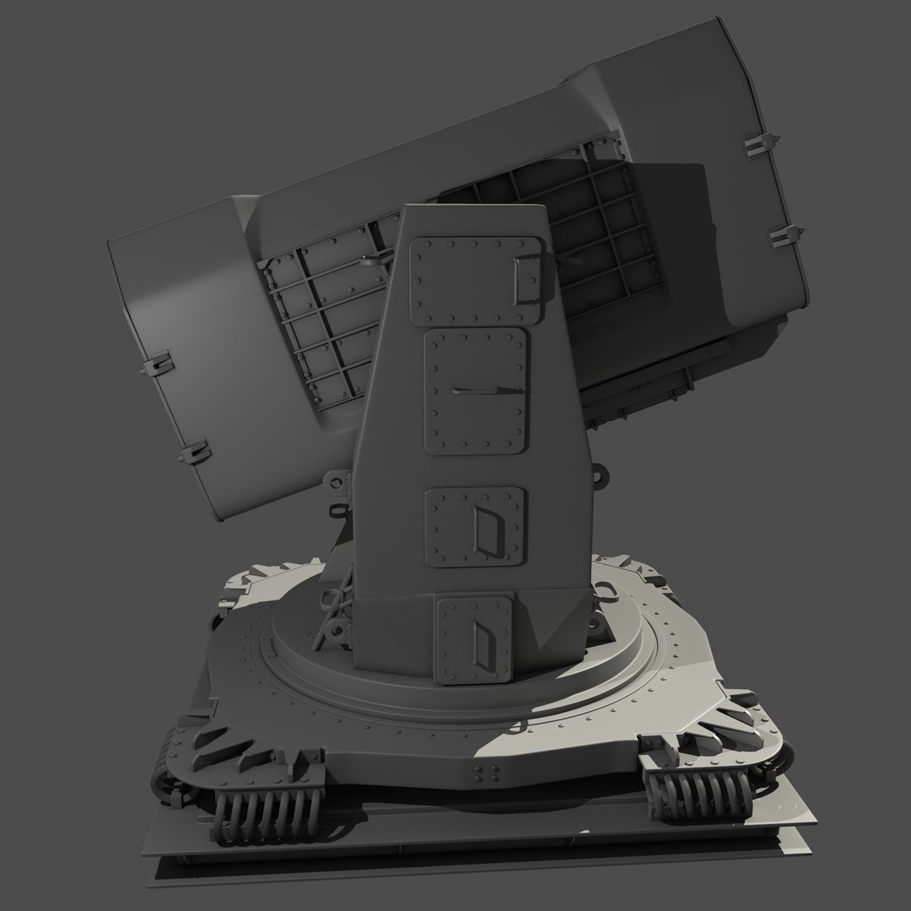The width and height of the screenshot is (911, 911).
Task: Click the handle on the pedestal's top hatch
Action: (530, 278)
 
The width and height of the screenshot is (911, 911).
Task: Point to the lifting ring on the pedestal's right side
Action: (602, 477)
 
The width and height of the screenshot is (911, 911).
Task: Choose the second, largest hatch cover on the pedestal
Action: (476, 391)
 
